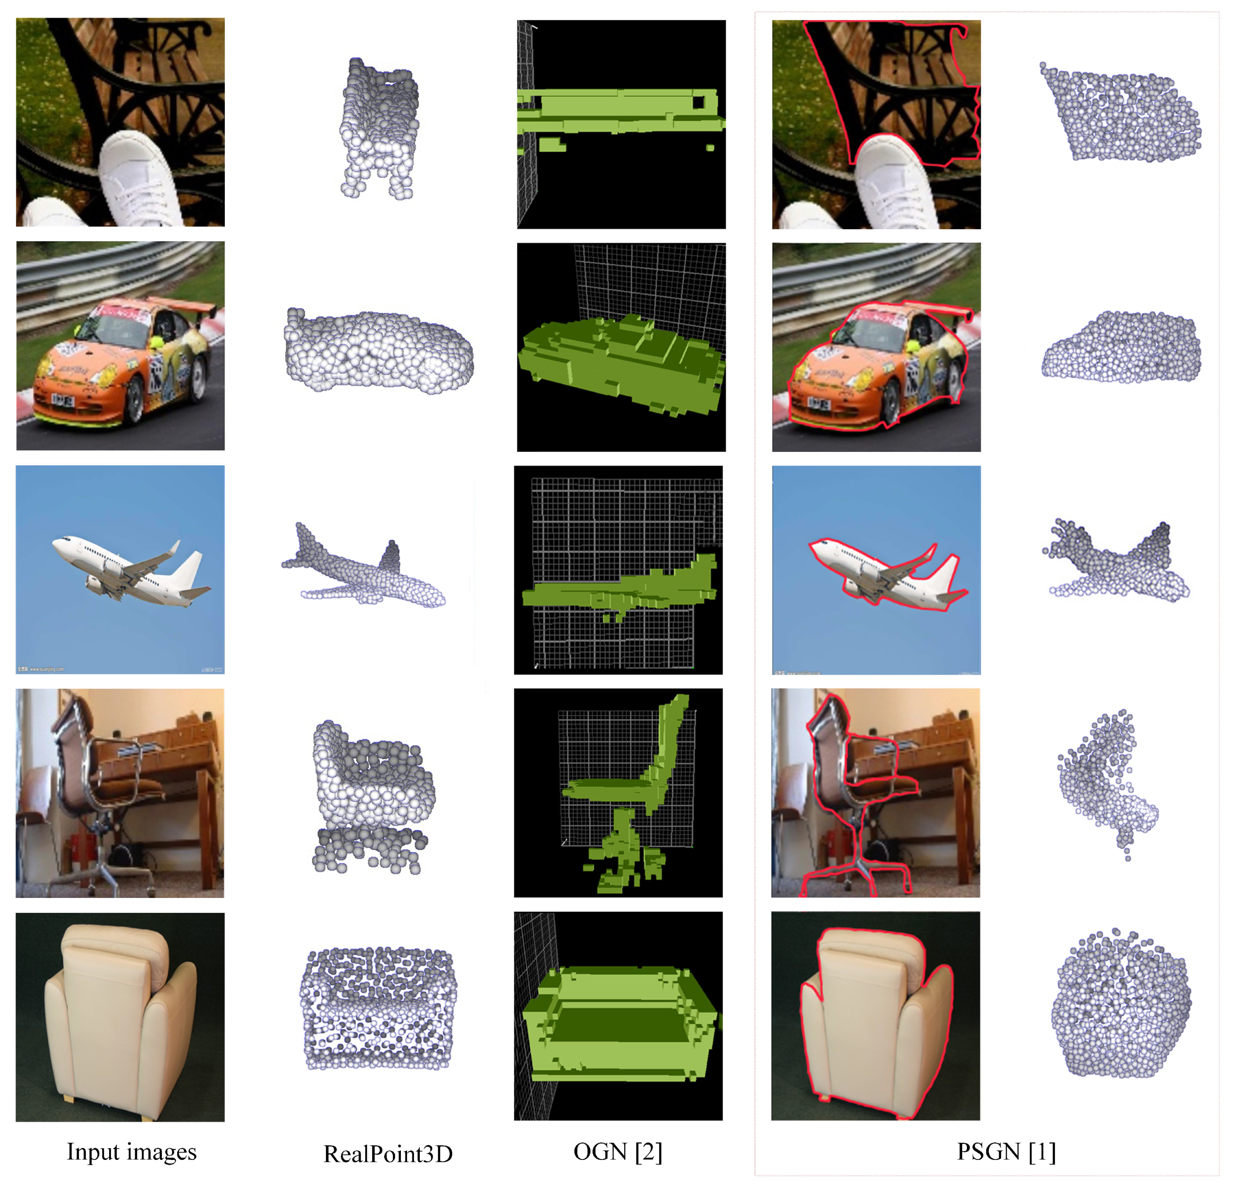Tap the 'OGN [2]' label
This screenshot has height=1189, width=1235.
click(x=617, y=1151)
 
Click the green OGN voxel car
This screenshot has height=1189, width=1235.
click(x=621, y=359)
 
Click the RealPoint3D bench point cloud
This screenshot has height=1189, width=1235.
click(x=378, y=126)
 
